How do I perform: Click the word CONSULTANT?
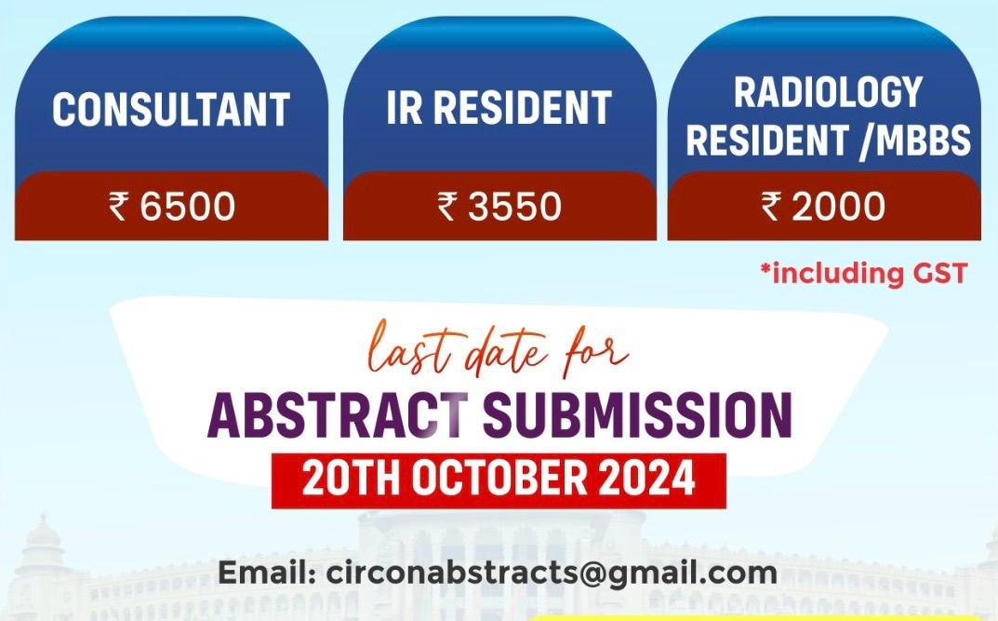coord(170,110)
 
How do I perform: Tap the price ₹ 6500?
coord(172,207)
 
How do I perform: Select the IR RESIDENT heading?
coord(499,107)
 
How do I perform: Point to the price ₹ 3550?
coord(499,207)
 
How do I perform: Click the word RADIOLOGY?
coord(828,92)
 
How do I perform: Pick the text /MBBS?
coord(914,140)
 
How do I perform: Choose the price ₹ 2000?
coord(823,207)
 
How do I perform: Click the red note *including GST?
coord(864,273)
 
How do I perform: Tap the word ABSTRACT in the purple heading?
coord(338,415)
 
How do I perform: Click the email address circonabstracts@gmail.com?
coord(552,574)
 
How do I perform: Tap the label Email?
coord(267,573)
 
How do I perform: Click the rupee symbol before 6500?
coord(118,207)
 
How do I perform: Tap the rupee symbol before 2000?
coord(771,207)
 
